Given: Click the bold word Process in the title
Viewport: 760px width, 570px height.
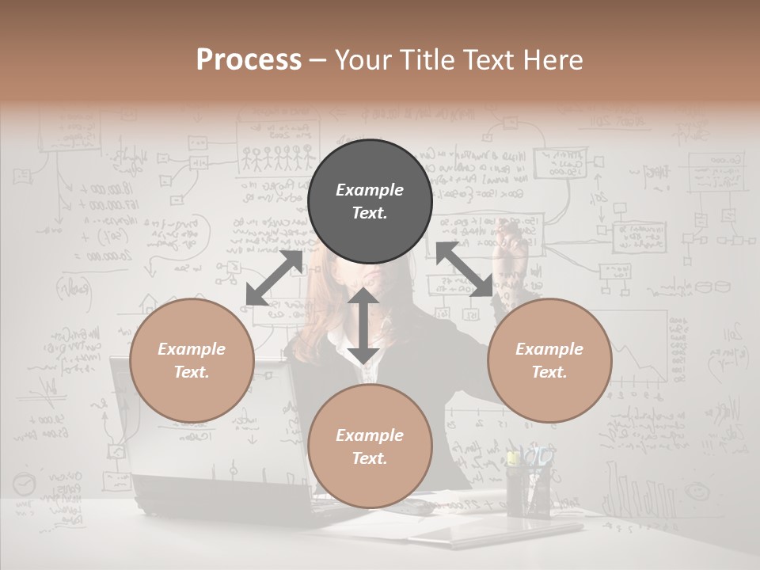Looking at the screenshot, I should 249,60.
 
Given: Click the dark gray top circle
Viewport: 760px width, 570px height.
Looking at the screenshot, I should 370,202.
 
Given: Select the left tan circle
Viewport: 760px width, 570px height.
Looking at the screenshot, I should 192,361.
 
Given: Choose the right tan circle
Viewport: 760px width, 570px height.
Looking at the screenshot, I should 549,361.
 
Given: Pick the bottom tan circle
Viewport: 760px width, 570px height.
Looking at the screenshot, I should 370,446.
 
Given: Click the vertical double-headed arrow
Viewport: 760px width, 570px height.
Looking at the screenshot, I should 363,325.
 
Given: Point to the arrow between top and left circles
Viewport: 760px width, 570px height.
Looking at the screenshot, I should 274,278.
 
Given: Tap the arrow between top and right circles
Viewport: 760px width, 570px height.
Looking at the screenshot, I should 465,269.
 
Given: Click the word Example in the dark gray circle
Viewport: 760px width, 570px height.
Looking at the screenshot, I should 370,190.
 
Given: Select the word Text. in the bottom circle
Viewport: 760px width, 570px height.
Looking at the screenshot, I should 370,459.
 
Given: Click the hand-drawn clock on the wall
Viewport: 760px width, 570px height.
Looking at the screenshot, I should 24,484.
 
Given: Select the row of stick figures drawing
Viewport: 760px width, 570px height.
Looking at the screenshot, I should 277,158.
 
